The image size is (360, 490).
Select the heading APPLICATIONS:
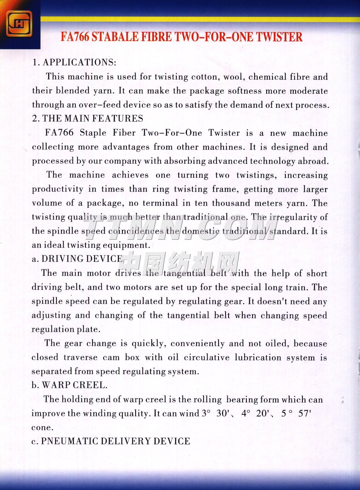tap(79, 62)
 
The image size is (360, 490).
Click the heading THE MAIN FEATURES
tap(93, 118)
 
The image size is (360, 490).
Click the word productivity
tap(57, 189)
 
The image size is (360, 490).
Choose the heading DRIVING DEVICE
tap(82, 259)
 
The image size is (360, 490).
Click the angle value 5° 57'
tap(296, 413)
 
